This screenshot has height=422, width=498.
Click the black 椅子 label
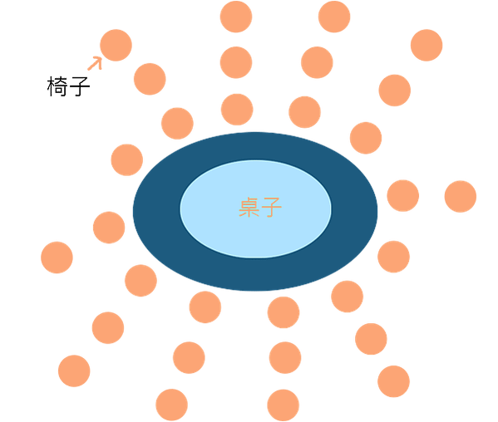69,86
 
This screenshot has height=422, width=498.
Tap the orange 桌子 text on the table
260,207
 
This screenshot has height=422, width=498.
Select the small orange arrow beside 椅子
95,63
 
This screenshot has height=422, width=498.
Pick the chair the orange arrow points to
116,45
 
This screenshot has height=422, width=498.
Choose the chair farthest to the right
461,196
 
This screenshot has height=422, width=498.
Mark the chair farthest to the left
57,258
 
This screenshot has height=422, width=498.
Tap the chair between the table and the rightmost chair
403,195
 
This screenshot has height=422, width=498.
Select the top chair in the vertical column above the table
236,17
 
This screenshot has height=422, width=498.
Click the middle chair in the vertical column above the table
236,62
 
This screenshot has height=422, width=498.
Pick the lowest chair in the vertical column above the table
237,110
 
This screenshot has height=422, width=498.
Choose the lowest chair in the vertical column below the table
284,405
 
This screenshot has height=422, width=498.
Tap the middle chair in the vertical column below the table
285,357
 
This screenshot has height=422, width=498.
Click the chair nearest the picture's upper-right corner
427,45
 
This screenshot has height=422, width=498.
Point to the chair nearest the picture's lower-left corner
74,371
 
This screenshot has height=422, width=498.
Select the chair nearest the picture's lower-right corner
393,381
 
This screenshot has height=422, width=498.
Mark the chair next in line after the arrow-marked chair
150,79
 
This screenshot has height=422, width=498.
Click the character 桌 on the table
249,207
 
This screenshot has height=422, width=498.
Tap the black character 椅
57,86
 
